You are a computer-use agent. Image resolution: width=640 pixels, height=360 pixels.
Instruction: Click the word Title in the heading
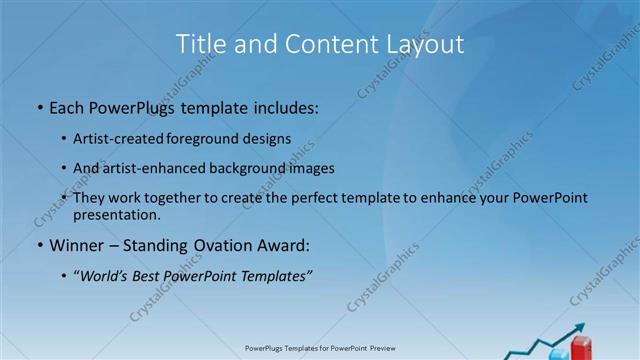(x=200, y=44)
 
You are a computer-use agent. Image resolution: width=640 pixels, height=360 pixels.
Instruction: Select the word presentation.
(x=115, y=214)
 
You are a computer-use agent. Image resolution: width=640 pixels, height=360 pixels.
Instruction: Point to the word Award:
(x=282, y=245)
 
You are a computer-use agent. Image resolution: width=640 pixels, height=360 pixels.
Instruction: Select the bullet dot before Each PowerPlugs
(x=38, y=105)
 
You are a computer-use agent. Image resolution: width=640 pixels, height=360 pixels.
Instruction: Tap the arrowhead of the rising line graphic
(x=579, y=328)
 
